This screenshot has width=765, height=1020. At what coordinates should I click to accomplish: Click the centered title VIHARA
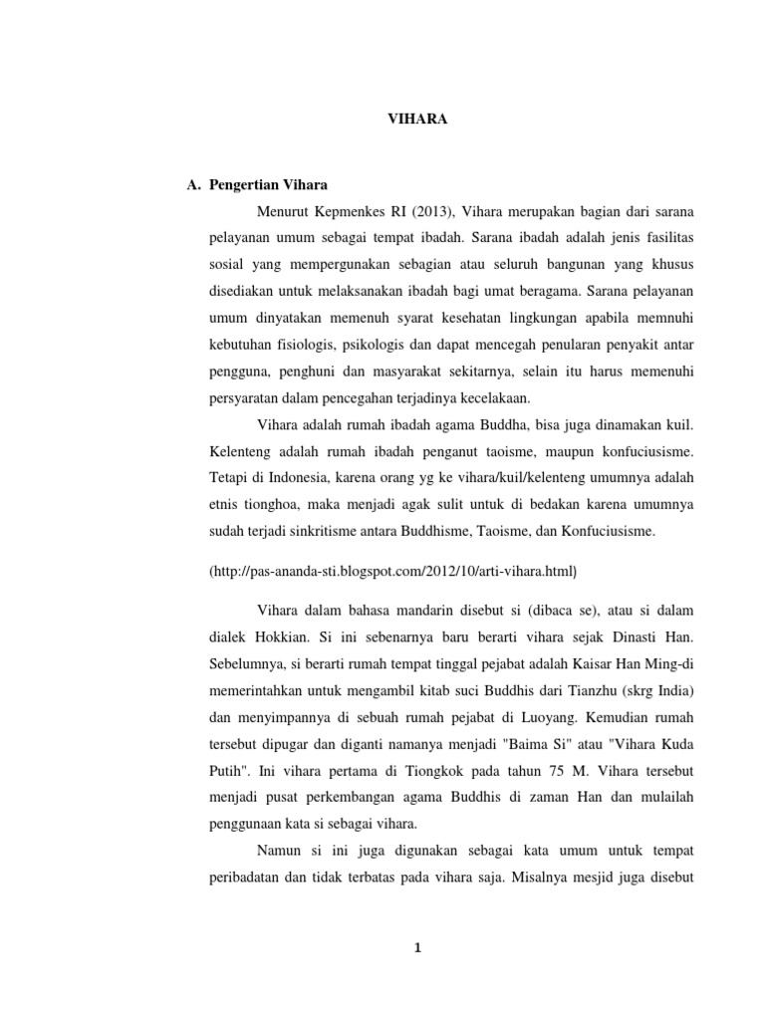(417, 119)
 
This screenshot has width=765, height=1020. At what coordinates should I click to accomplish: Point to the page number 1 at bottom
(418, 947)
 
